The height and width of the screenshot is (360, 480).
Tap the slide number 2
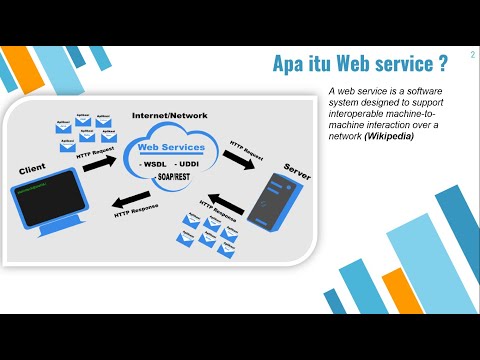coord(471,57)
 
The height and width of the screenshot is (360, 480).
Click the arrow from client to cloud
coord(100,160)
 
